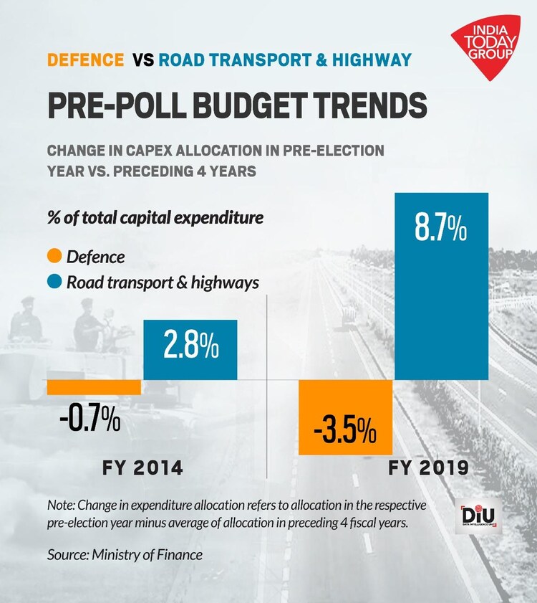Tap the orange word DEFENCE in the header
85,59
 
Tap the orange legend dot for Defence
54,256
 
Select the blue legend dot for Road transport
54,282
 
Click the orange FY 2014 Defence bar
94,386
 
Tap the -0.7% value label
89,419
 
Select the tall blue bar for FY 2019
441,287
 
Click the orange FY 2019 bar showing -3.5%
345,417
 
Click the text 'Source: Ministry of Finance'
125,554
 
